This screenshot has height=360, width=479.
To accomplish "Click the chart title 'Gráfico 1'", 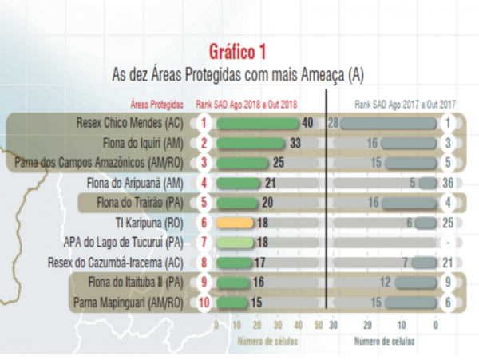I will pos(238,53).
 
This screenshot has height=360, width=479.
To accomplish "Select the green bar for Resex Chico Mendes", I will pos(256,123).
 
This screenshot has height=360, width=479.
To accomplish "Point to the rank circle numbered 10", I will pos(204,303).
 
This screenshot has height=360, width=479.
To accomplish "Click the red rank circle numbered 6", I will pos(204,224).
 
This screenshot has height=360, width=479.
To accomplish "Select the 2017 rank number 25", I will pos(448,224).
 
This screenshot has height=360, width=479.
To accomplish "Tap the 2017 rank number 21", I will pos(448,263).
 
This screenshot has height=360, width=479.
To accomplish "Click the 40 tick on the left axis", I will pos(298,326).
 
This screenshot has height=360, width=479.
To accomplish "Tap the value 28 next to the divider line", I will pos(334,123).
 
